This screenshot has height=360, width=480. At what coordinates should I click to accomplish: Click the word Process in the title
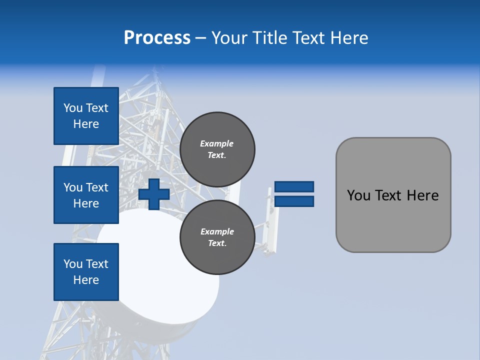point(157,38)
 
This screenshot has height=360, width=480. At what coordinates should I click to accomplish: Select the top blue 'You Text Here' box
point(86,116)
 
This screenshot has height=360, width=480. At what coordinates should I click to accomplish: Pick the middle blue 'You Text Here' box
point(86,195)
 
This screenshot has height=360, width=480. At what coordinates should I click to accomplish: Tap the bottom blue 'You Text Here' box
point(86,272)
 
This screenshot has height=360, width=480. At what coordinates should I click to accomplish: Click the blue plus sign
point(154,194)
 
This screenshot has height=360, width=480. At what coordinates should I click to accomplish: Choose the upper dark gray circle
point(217,149)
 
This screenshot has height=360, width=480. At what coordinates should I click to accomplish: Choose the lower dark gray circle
point(217,237)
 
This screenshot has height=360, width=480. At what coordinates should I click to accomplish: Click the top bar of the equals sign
point(294,187)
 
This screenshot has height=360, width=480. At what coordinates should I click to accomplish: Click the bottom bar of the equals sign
point(294,201)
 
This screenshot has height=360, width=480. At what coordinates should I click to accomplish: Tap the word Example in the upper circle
point(216,143)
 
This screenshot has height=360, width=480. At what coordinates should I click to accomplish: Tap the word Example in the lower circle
point(217,231)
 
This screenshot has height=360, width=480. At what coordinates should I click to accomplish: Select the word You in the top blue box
point(72,108)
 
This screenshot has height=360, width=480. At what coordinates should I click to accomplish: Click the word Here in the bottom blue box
point(86,280)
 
